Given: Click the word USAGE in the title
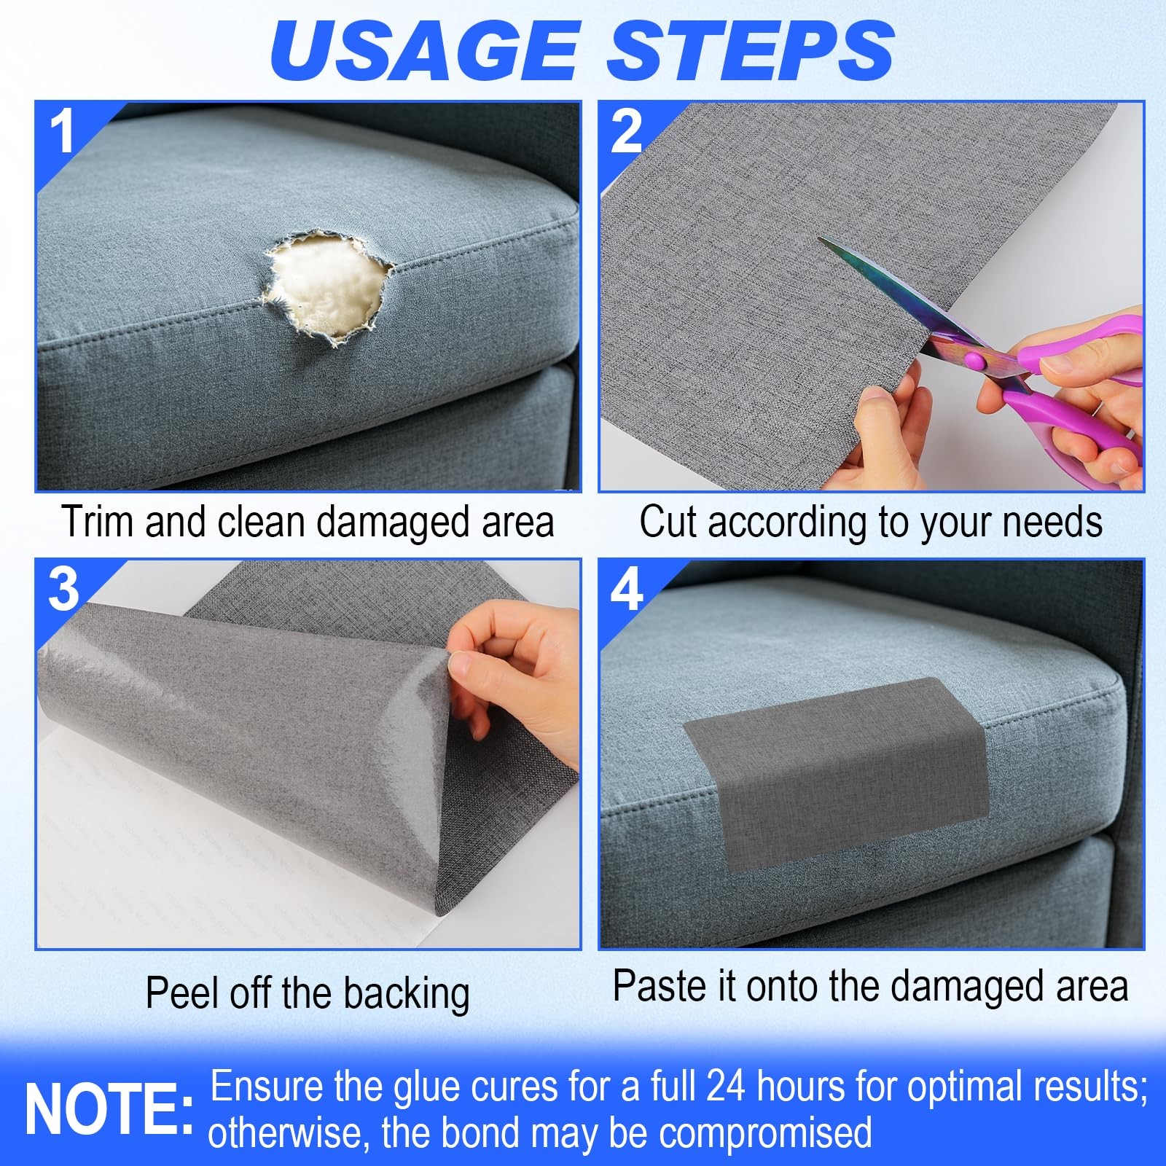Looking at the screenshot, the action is pos(424,50).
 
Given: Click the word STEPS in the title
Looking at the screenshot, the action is pos(751,50).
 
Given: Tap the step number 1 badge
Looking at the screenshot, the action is pos(63,131).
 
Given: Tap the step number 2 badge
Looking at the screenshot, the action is pos(627,131).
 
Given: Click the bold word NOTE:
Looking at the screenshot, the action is pos(109,1110).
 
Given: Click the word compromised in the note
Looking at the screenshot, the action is pos(765,1134).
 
